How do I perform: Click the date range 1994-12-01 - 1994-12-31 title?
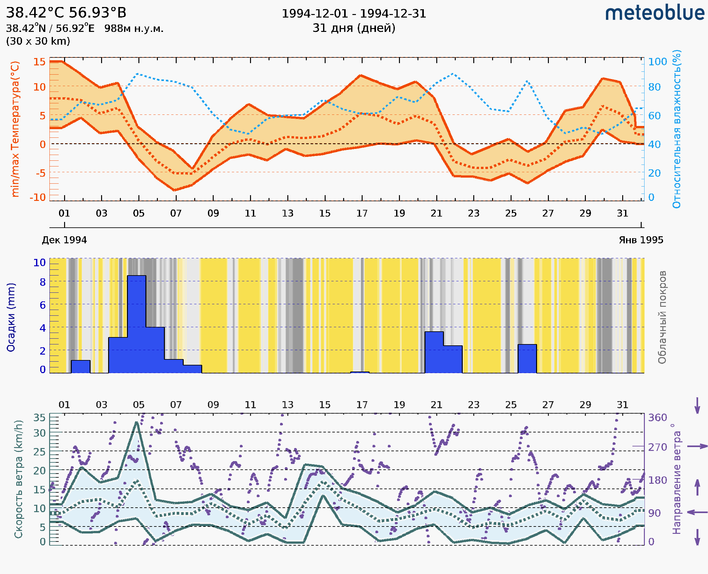[354, 14]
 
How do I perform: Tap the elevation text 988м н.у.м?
[134, 29]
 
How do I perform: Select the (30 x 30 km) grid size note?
[38, 41]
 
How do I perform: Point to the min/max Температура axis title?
[15, 129]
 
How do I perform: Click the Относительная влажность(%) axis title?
[676, 129]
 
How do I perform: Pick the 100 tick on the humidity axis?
[657, 62]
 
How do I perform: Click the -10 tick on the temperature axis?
[37, 197]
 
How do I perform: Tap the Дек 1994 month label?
[64, 240]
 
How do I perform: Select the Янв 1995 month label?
[641, 240]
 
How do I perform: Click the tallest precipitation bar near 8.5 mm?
[136, 324]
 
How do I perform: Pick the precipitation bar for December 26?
[527, 359]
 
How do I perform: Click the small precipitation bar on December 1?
[81, 367]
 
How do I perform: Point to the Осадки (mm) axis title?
[11, 317]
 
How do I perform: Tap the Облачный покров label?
[662, 317]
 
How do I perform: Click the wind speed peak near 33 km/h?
[136, 423]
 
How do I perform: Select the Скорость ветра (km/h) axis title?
[18, 479]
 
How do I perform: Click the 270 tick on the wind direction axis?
[657, 447]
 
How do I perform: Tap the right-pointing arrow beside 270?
[697, 446]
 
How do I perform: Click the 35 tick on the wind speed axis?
[39, 418]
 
